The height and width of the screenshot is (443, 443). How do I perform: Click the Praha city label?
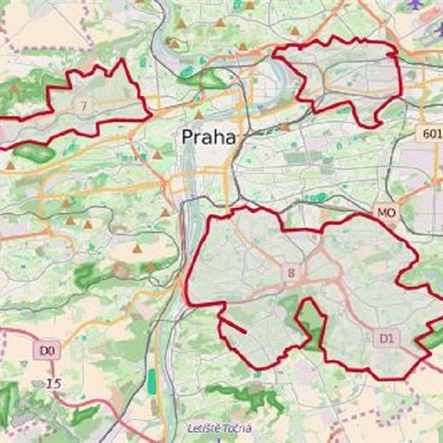coord(208,138)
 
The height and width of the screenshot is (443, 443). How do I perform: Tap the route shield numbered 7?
coord(85,105)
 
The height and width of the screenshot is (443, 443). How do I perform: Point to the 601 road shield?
coord(429,134)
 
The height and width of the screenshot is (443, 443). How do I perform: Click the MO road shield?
coord(386,213)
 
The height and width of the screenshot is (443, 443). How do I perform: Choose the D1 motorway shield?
coord(387,339)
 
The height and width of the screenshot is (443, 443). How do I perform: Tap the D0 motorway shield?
coord(48,351)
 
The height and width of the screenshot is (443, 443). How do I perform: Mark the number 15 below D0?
coord(54,383)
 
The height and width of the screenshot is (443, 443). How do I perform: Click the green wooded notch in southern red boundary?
coord(309,323)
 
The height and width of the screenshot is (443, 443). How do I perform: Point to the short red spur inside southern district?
coord(233,326)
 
